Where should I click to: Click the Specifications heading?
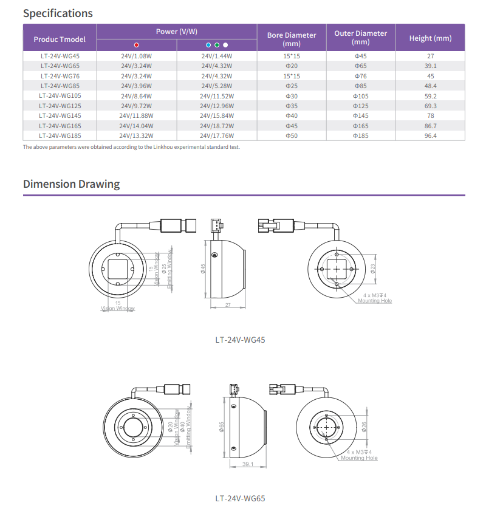58,13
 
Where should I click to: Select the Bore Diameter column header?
292,39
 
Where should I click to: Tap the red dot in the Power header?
136,44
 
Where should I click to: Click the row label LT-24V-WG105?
60,96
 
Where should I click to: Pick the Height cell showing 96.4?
430,135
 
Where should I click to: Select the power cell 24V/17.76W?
217,135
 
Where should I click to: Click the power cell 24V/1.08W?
136,56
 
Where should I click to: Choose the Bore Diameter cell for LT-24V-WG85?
292,86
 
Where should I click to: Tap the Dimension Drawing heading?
71,183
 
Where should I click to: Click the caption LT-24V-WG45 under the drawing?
240,340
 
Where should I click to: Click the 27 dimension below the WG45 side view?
227,305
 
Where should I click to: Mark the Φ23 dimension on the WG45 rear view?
373,267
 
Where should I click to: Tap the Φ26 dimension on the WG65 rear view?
364,427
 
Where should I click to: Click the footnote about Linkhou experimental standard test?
131,147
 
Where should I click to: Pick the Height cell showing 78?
430,115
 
